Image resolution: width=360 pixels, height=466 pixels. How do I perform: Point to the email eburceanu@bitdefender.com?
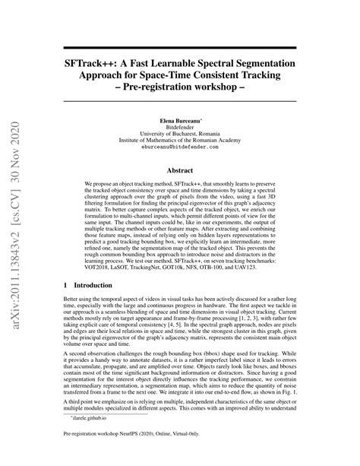tap(179, 152)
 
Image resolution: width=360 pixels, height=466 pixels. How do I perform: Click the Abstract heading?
tap(179, 171)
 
